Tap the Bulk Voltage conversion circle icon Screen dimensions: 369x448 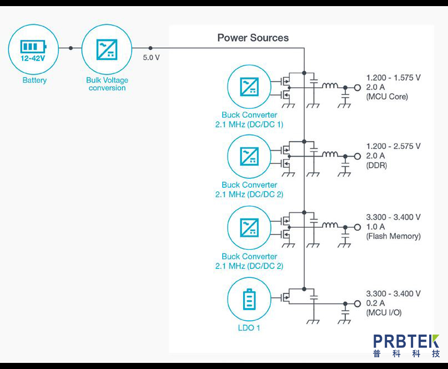[107, 48]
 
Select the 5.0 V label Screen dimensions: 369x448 [152, 58]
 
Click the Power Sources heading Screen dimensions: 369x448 [253, 38]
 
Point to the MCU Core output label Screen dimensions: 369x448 [387, 97]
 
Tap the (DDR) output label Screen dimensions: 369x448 [376, 166]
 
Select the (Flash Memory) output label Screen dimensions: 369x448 [393, 236]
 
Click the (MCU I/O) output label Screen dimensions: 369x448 [384, 312]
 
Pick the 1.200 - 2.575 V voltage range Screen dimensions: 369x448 [393, 146]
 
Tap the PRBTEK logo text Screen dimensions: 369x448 [406, 341]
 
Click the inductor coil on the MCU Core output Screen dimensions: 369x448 [331, 86]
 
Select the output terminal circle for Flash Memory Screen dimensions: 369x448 [357, 227]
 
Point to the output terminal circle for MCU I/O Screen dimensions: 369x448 [357, 303]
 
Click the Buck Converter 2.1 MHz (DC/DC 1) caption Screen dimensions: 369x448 [249, 120]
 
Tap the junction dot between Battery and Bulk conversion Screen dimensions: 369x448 [71, 48]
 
